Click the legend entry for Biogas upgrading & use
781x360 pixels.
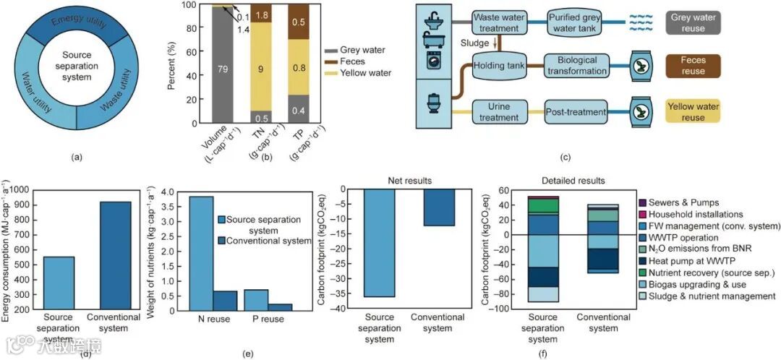point(699,283)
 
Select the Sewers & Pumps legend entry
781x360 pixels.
point(684,203)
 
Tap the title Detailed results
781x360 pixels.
point(572,179)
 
